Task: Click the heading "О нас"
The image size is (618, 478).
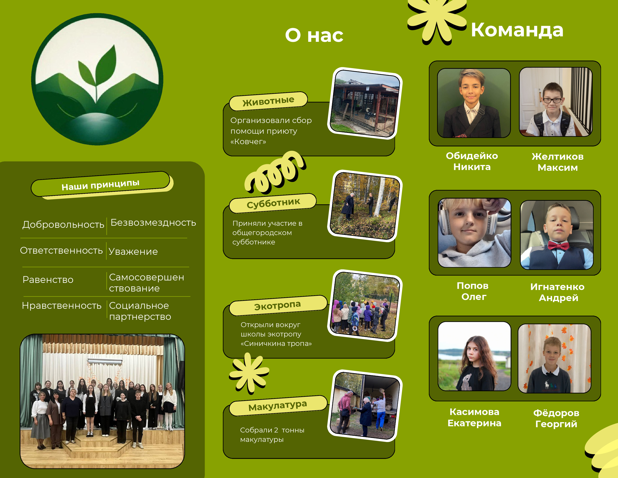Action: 314,36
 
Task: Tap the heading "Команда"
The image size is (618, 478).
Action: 517,30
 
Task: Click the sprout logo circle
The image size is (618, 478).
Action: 97,79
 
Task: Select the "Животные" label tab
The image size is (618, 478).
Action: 268,101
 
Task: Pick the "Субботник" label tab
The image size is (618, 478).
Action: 273,203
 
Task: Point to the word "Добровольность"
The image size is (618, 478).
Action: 63,225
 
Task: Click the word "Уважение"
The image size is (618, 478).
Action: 133,251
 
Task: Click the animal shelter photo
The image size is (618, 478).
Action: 365,103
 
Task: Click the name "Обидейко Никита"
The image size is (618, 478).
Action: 472,161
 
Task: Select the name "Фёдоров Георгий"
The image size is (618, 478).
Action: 556,418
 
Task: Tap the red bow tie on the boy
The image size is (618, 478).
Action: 558,245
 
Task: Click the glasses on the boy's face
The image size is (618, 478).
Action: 552,100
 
